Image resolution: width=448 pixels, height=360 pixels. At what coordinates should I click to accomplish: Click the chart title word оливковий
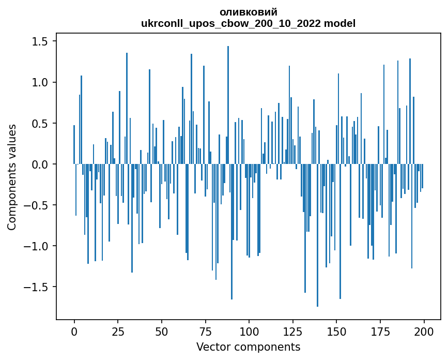tap(248, 12)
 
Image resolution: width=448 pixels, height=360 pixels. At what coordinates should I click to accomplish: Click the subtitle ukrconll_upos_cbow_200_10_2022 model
tap(248, 23)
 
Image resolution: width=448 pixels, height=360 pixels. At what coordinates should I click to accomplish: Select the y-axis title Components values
tap(11, 177)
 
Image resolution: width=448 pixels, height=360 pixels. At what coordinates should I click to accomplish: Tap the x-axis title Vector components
tap(248, 347)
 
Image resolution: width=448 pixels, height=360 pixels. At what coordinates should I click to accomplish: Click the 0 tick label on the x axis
tap(74, 331)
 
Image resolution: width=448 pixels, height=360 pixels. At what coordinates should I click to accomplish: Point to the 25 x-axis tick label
tap(118, 331)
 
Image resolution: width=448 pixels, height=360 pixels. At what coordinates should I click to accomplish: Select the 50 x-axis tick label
tap(161, 331)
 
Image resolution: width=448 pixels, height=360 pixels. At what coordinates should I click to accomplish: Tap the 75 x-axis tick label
tap(205, 331)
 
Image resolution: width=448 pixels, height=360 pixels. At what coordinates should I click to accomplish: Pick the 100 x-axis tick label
tap(249, 331)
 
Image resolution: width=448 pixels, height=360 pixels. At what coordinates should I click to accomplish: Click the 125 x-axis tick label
tap(292, 331)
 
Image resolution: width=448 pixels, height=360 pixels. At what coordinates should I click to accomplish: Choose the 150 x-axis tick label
tap(336, 331)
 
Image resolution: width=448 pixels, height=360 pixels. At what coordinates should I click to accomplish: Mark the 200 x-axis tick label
tap(424, 331)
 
